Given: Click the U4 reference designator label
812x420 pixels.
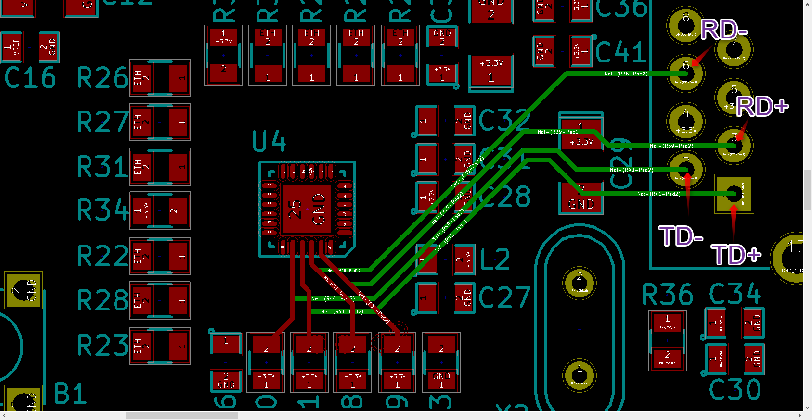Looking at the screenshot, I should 269,142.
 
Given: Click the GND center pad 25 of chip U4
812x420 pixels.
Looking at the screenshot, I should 307,210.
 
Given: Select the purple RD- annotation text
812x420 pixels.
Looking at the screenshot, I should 723,30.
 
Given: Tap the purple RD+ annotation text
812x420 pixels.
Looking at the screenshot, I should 762,106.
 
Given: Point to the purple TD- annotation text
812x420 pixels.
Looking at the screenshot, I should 681,236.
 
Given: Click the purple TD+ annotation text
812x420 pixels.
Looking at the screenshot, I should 736,255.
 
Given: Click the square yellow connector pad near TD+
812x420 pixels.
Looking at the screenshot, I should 734,194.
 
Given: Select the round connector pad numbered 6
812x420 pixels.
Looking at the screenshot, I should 686,73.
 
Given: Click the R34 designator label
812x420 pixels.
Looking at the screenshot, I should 102,210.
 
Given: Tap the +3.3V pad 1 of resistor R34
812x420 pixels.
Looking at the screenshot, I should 142,210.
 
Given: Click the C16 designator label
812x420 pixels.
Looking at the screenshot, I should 30,78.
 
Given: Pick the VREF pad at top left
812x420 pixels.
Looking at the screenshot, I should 12,47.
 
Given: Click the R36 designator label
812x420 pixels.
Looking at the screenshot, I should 667,295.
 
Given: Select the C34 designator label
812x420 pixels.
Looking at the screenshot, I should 735,294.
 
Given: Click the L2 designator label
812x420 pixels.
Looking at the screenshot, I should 495,259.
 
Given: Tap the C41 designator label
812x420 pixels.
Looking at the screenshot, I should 620,52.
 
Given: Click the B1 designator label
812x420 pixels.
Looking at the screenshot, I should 70,394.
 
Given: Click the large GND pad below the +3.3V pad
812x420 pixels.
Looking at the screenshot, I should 581,198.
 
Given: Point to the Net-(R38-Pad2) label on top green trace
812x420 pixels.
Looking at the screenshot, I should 625,74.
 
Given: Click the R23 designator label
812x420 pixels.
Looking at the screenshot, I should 102,345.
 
